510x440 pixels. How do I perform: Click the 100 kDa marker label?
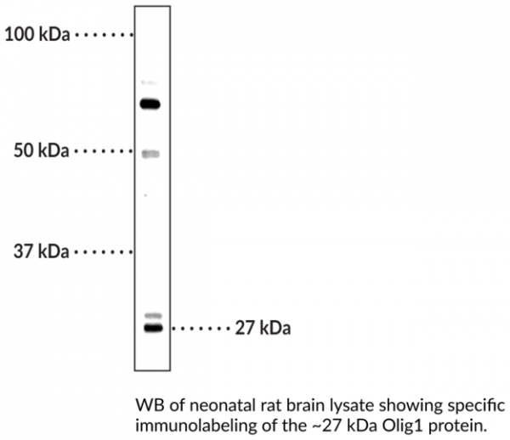[x=37, y=34]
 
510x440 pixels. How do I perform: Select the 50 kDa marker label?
[x=42, y=151]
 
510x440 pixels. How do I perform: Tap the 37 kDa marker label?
[x=42, y=251]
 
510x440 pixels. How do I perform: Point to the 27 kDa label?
[x=263, y=328]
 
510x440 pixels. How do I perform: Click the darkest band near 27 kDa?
[x=153, y=328]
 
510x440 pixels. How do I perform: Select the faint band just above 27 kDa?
[x=153, y=315]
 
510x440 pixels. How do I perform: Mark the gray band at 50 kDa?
[x=150, y=154]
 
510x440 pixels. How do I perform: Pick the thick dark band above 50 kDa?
[x=150, y=104]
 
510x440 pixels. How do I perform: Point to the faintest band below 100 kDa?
[x=149, y=82]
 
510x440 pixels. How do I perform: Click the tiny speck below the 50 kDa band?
[x=145, y=195]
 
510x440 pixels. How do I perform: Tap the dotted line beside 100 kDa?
[x=104, y=34]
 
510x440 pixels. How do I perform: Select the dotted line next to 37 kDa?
[x=104, y=251]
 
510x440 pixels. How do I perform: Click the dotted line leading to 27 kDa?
[x=201, y=329]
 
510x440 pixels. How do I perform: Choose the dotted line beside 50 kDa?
[x=104, y=151]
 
